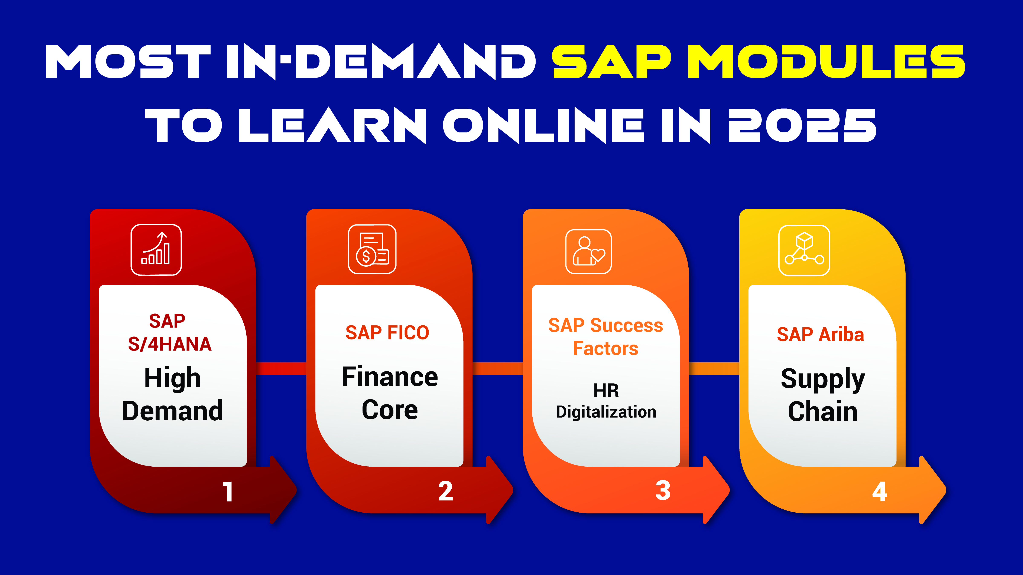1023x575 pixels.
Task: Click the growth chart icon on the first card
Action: (x=156, y=250)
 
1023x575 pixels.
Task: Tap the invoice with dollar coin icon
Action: (x=372, y=249)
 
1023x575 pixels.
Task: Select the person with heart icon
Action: (x=588, y=251)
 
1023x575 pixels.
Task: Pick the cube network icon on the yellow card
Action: (x=804, y=250)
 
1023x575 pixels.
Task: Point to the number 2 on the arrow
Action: (x=446, y=491)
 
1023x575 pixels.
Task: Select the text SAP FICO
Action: (x=387, y=332)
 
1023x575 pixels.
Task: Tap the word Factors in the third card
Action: (x=606, y=348)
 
